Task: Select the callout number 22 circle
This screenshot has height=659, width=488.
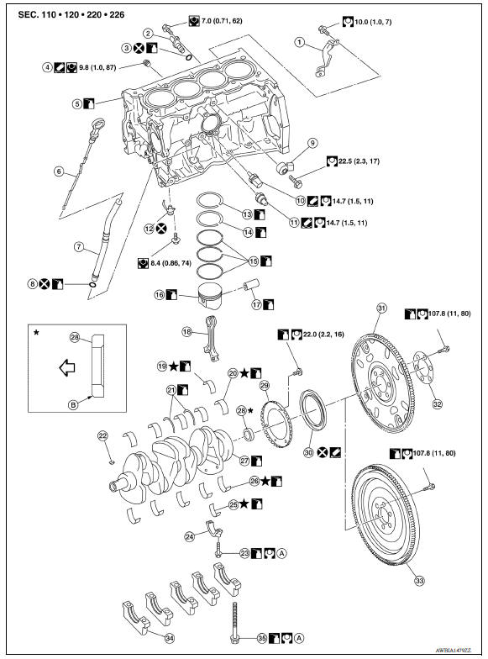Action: (x=102, y=435)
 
